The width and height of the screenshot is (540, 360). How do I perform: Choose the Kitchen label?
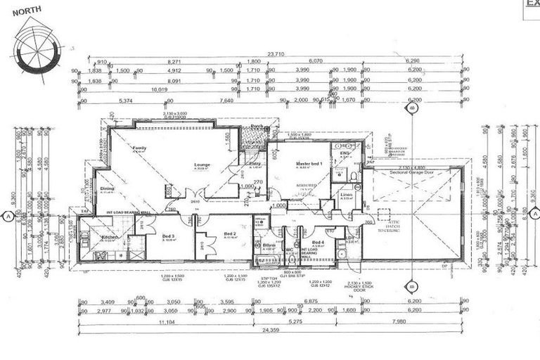[x=111, y=238]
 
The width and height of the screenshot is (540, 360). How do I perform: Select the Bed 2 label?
[x=229, y=234]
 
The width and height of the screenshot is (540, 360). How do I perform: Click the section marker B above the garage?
[x=410, y=109]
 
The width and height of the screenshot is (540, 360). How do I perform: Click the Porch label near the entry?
[x=255, y=127]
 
